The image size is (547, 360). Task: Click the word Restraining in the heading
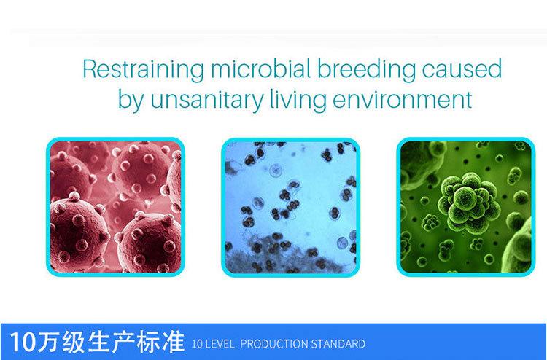click(x=144, y=69)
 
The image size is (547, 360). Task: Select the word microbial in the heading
click(x=261, y=69)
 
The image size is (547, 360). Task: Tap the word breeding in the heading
click(x=366, y=69)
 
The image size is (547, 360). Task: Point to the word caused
click(x=462, y=69)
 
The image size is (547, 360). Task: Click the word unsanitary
click(x=206, y=99)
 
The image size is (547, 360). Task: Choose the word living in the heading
click(x=298, y=99)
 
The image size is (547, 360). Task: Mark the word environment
click(x=403, y=99)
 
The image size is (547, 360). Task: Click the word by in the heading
click(x=131, y=99)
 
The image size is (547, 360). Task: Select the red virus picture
click(x=115, y=207)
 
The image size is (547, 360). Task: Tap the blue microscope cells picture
click(x=290, y=208)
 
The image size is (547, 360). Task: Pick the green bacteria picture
click(x=466, y=207)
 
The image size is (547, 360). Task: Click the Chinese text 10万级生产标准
click(x=96, y=342)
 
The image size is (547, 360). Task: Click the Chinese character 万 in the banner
click(x=48, y=342)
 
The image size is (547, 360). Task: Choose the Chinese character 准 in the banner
click(x=173, y=342)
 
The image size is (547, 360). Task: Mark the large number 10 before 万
click(x=23, y=343)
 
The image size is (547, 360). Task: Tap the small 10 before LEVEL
click(x=197, y=344)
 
